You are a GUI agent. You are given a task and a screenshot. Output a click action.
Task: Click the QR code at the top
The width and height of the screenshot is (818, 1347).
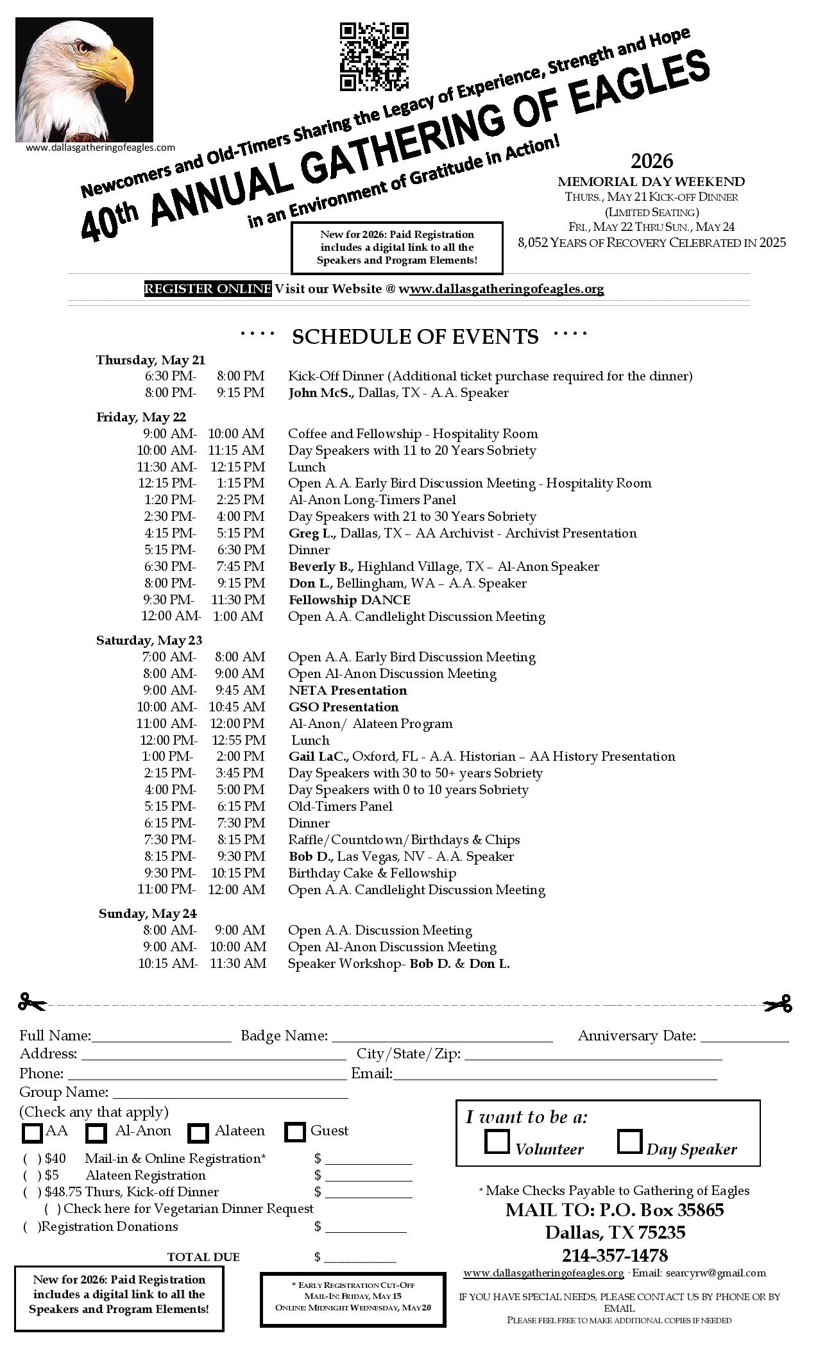(x=373, y=56)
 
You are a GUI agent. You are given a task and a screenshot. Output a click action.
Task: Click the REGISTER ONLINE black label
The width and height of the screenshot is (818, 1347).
(x=208, y=289)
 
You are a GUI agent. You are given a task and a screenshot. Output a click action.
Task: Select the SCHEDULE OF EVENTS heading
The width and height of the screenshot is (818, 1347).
(x=414, y=337)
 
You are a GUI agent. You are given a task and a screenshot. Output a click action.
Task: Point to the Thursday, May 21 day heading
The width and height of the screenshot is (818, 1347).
(x=151, y=360)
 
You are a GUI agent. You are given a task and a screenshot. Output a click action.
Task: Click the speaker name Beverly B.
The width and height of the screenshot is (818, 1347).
(x=321, y=567)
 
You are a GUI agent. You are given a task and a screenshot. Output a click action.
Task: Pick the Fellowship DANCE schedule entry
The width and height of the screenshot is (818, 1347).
(x=350, y=600)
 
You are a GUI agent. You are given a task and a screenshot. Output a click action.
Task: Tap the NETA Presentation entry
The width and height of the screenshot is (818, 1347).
(x=348, y=691)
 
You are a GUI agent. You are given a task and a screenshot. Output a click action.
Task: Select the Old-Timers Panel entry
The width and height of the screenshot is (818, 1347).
(x=340, y=807)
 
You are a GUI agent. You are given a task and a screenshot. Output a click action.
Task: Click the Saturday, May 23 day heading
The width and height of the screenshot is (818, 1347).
(x=149, y=640)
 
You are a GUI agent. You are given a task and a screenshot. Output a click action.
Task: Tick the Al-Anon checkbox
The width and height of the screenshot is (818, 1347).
(x=96, y=1133)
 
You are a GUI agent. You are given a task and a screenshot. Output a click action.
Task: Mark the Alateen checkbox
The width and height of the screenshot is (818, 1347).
(x=198, y=1133)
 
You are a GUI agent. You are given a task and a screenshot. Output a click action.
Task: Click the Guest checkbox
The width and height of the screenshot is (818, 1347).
(x=295, y=1133)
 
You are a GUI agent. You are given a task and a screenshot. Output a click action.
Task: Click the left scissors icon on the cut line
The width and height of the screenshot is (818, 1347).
(x=32, y=1003)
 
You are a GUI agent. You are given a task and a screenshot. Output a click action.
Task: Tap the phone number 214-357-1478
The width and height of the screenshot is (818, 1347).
(x=615, y=1255)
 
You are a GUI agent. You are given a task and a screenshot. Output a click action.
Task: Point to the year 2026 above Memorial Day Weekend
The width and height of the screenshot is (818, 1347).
(x=651, y=160)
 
